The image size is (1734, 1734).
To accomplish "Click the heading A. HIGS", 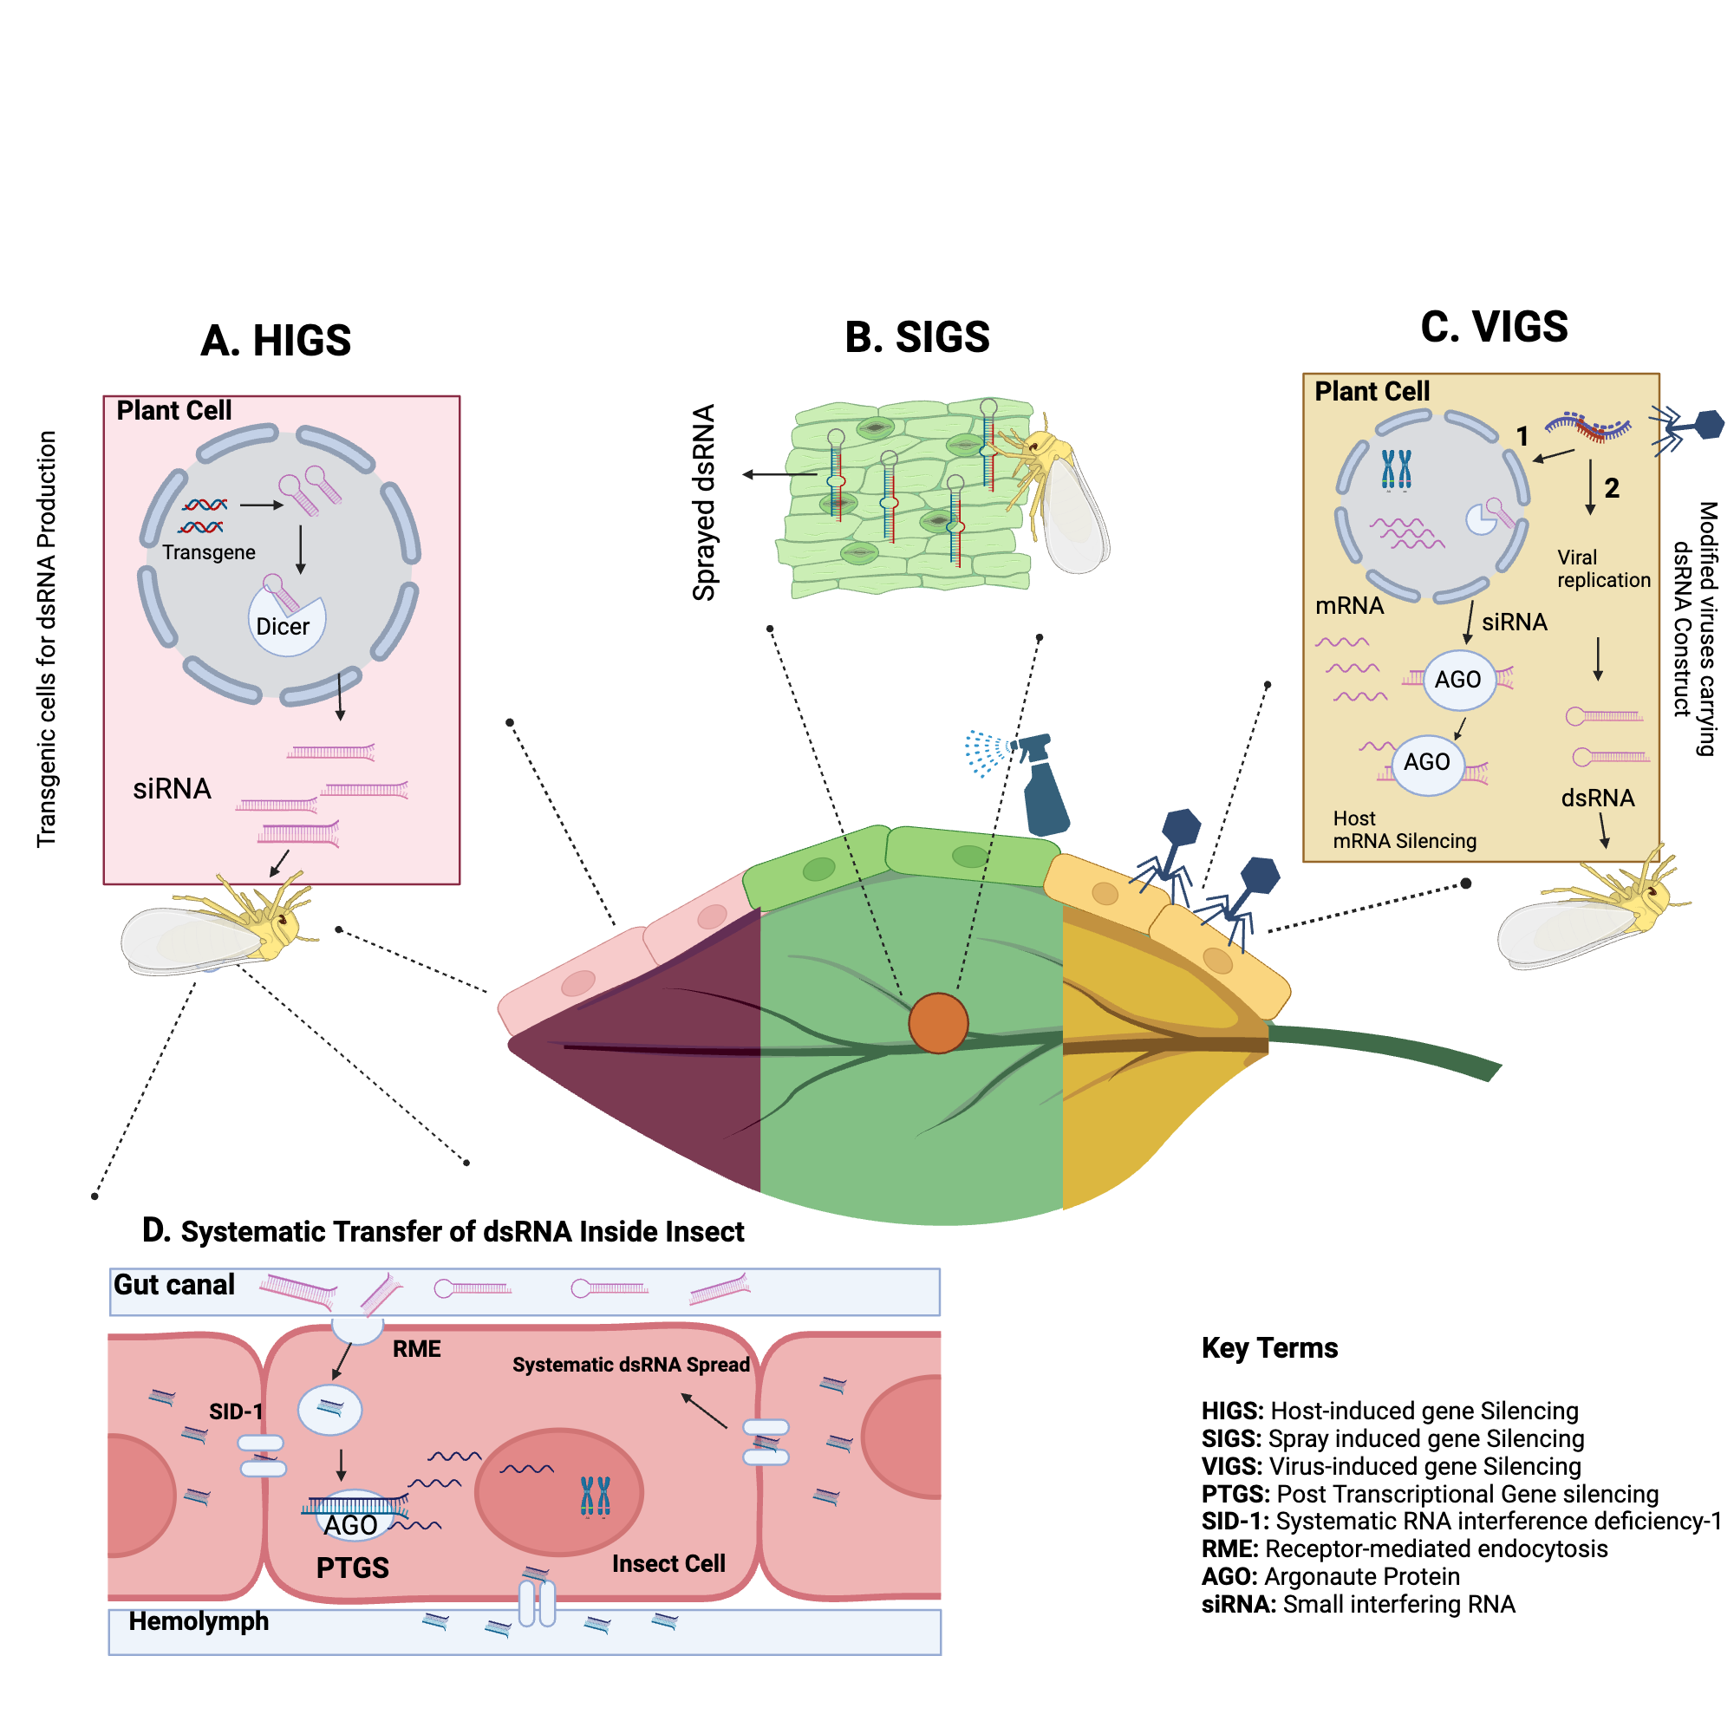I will coord(276,341).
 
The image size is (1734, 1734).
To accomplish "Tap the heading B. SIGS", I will coord(916,337).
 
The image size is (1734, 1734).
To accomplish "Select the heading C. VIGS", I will coord(1494,327).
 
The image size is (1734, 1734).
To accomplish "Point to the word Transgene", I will coord(208,552).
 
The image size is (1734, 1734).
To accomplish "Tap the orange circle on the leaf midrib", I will coord(938,1022).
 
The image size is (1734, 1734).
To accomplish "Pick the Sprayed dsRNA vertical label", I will coord(705,502).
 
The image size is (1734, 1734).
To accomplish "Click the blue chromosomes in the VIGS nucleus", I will coord(1396,469).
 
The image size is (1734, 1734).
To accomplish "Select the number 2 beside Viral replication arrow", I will coord(1612,488).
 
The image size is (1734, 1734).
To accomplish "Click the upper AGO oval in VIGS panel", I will coord(1458,680).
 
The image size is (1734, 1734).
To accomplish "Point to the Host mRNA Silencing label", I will coord(1404,830).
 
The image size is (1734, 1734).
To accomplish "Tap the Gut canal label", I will coord(174,1284).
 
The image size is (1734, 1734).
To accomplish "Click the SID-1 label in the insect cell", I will coord(236,1411).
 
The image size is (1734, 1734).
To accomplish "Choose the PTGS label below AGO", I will coord(353,1567).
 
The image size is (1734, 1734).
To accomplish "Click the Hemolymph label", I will coord(199,1621).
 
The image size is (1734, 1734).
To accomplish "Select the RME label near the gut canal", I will coord(416,1349).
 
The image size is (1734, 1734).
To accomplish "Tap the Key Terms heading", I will coord(1269,1348).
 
